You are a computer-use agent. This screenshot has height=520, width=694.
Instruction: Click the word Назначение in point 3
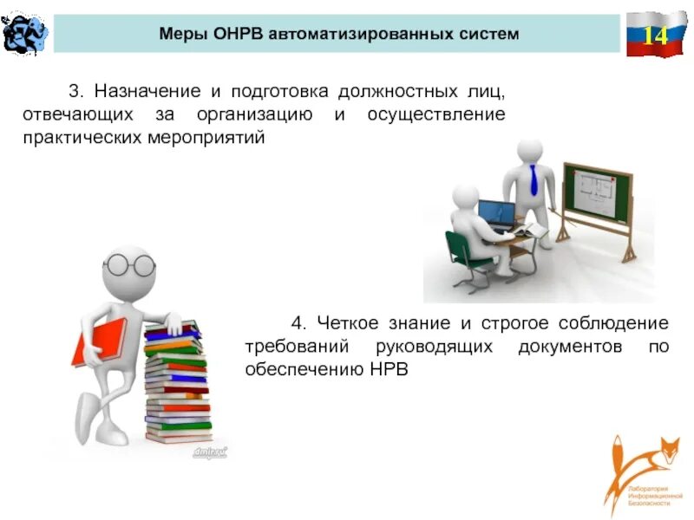141,92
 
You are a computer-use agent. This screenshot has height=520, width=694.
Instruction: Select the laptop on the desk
496,213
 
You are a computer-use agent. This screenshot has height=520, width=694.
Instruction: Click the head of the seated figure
465,198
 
